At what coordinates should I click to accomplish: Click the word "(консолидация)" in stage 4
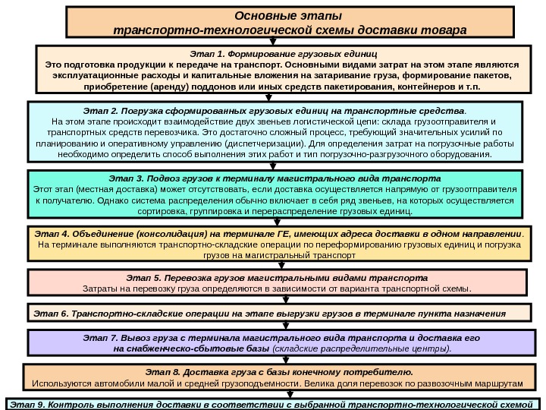(165, 234)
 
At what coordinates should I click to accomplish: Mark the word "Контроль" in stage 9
(71, 403)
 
